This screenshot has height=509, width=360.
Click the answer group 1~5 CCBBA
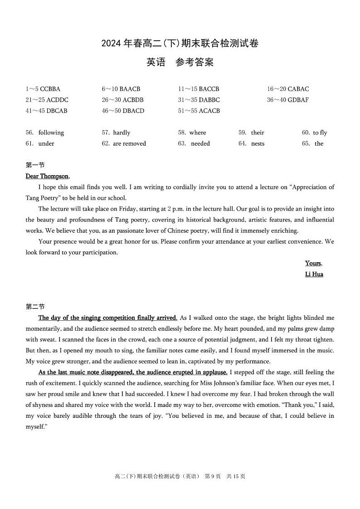click(43, 89)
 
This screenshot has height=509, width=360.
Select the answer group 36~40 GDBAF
click(287, 100)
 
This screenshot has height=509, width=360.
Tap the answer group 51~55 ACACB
click(199, 111)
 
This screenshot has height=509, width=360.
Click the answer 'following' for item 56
click(51, 132)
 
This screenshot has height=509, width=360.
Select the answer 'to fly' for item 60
click(320, 132)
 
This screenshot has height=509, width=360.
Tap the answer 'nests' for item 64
click(258, 143)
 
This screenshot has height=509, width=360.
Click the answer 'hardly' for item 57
click(122, 132)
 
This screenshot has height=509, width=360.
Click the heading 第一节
click(35, 165)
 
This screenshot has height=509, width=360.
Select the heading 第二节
click(35, 307)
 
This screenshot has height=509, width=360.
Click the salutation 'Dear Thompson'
click(47, 176)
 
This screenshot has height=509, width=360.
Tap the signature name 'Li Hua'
click(314, 274)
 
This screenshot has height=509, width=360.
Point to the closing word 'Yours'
click(313, 263)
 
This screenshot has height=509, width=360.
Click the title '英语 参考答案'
click(180, 63)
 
